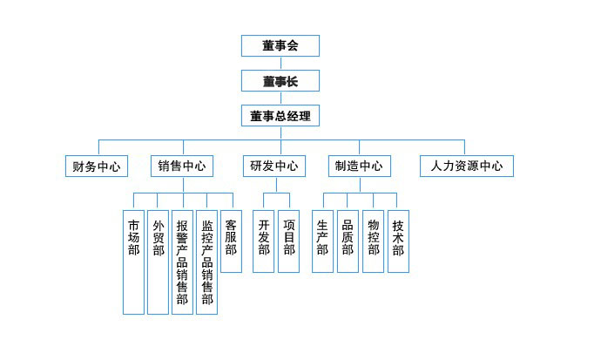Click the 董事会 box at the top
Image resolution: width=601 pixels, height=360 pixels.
pos(280,46)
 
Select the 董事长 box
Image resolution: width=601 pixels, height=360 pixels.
pos(280,81)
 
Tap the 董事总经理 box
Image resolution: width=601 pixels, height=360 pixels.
pos(280,115)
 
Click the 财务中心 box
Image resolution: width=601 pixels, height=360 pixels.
pos(96,166)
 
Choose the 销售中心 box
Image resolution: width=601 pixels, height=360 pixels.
pos(182,166)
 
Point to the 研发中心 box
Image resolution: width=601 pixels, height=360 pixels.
pos(274,166)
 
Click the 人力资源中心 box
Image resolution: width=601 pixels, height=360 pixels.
pos(466,166)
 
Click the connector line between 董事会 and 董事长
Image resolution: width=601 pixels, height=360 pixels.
pos(280,64)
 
